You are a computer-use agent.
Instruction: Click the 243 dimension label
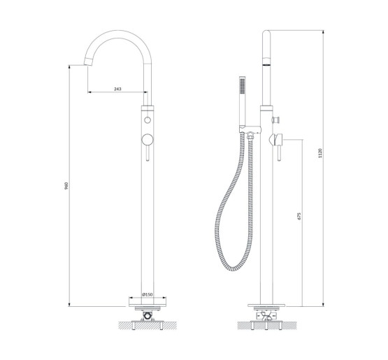click(117, 89)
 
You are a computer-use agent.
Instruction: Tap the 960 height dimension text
click(66, 185)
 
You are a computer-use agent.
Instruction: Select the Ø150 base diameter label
click(148, 294)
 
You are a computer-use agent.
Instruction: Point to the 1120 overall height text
click(320, 153)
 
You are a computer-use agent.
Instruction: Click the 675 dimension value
click(299, 216)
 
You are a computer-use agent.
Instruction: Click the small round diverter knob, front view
click(148, 120)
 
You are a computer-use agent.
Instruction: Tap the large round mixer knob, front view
click(148, 140)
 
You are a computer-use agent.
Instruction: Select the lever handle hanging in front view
click(148, 153)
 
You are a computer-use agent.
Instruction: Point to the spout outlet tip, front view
click(88, 62)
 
